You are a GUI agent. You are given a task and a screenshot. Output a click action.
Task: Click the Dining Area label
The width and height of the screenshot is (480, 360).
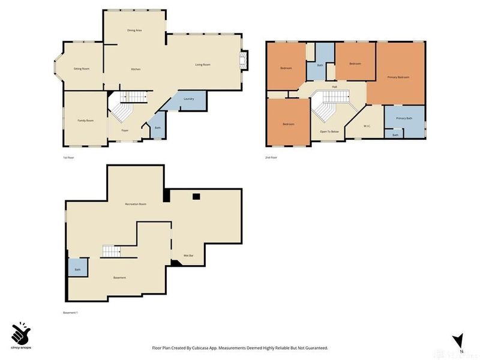(x=134, y=30)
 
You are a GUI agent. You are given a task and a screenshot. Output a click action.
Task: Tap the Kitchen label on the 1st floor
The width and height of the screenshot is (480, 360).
(x=136, y=70)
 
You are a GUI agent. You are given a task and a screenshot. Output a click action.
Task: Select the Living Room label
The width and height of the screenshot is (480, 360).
(x=202, y=65)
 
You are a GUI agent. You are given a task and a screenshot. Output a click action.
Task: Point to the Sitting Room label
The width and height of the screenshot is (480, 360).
(x=82, y=69)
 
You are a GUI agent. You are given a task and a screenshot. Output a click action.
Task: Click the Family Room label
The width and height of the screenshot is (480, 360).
(x=86, y=121)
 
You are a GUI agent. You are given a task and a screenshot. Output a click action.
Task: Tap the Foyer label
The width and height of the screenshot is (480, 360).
(x=125, y=130)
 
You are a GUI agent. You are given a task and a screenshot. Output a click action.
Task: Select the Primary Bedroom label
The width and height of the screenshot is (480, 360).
(x=398, y=77)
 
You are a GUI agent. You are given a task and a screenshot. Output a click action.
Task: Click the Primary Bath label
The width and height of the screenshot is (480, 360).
(x=404, y=118)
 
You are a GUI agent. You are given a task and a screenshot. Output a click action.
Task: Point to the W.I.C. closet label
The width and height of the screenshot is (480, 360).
(x=367, y=125)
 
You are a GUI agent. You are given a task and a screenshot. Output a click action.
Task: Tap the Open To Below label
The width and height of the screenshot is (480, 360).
(x=329, y=131)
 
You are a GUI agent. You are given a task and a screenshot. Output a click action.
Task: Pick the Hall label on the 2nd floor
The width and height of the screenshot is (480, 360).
(x=334, y=87)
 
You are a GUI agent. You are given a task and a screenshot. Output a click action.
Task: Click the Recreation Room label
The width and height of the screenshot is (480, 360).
(x=136, y=204)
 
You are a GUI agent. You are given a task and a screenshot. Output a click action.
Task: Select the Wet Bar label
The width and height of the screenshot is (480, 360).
(x=188, y=256)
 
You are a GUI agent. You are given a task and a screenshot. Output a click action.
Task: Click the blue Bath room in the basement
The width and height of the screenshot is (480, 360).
(x=78, y=268)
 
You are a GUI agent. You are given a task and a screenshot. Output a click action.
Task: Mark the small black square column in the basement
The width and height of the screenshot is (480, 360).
(x=196, y=196)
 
